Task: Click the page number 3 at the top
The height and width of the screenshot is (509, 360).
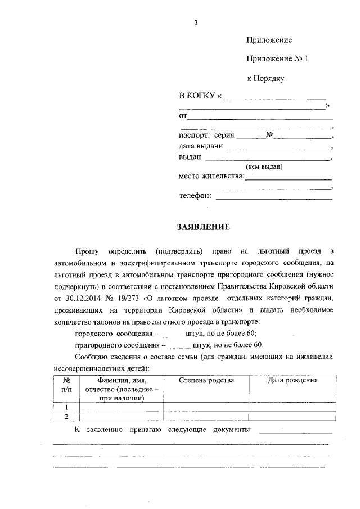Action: (195, 22)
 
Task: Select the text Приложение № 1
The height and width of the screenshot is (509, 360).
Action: (278, 59)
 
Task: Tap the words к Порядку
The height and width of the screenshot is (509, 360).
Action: (265, 78)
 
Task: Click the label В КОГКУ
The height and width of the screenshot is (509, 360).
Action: (197, 97)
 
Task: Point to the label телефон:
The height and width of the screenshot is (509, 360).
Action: (195, 195)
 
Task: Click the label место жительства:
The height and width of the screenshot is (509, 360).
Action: (211, 176)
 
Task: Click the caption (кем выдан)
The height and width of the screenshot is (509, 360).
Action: (263, 166)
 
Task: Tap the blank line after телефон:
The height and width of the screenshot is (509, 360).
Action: (274, 196)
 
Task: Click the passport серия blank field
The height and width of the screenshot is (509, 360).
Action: (251, 136)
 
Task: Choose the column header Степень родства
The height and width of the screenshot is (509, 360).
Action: (206, 380)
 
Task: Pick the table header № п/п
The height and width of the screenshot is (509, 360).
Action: (66, 385)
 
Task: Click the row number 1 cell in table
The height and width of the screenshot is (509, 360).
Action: (66, 407)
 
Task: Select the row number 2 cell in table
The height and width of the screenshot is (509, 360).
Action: (66, 416)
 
